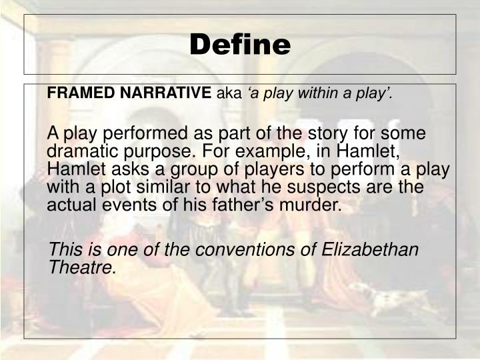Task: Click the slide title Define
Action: click(x=240, y=45)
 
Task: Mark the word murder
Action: click(x=307, y=203)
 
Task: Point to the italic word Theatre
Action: click(x=83, y=267)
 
